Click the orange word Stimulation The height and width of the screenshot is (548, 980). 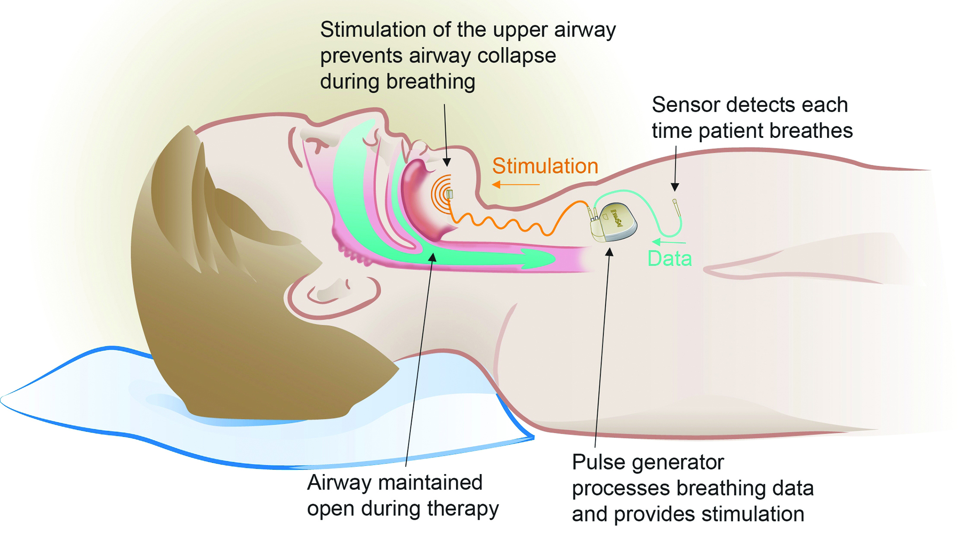[545, 166]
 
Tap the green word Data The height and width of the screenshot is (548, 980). [670, 259]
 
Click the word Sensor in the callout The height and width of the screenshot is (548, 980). [685, 105]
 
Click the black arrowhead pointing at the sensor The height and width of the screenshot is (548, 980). [675, 187]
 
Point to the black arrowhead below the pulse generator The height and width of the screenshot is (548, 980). [609, 252]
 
